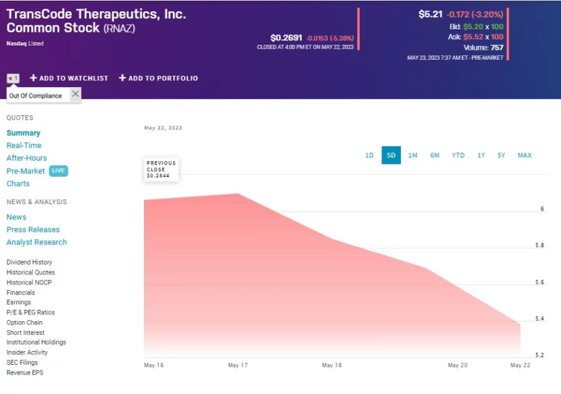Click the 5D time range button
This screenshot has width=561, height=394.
pyautogui.click(x=391, y=156)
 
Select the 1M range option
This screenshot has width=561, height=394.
pyautogui.click(x=413, y=156)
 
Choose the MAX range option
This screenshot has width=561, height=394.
pyautogui.click(x=524, y=156)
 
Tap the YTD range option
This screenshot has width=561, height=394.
pyautogui.click(x=458, y=156)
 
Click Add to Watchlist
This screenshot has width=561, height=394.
pyautogui.click(x=69, y=78)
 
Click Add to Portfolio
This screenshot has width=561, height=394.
pyautogui.click(x=158, y=78)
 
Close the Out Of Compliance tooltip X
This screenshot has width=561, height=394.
pyautogui.click(x=75, y=94)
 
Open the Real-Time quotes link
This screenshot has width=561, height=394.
pyautogui.click(x=24, y=146)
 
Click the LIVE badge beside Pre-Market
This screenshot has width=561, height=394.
pyautogui.click(x=58, y=171)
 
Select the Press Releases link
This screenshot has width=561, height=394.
pyautogui.click(x=33, y=230)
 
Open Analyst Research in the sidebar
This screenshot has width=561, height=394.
pyautogui.click(x=37, y=242)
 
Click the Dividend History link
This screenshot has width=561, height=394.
pyautogui.click(x=29, y=263)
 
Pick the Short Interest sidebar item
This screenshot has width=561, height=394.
pyautogui.click(x=26, y=332)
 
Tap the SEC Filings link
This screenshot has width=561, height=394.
pyautogui.click(x=22, y=362)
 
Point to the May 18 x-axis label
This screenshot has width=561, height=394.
pyautogui.click(x=332, y=365)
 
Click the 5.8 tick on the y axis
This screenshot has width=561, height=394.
pyautogui.click(x=540, y=245)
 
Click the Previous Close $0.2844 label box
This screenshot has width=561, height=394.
pyautogui.click(x=161, y=170)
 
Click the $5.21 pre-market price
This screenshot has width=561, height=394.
pyautogui.click(x=430, y=14)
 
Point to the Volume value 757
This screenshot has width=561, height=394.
pyautogui.click(x=496, y=47)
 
